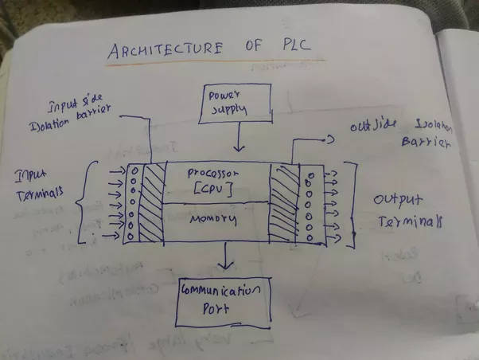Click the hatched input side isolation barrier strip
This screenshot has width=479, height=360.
pyautogui.click(x=154, y=204)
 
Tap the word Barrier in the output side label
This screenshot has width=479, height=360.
pyautogui.click(x=430, y=146)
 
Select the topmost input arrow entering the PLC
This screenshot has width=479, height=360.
pyautogui.click(x=114, y=170)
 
